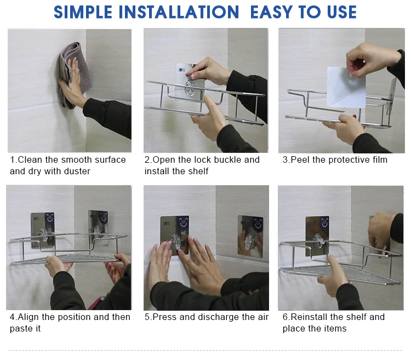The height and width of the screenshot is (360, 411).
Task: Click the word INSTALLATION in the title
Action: point(179,12)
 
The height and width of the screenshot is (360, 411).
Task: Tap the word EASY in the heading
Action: point(271,12)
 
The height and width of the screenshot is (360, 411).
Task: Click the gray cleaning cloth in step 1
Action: point(75,74)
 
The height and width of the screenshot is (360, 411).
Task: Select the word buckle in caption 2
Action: point(228,159)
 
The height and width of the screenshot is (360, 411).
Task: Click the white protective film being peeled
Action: point(346,87)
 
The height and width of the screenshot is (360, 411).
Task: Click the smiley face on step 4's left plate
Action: point(49,218)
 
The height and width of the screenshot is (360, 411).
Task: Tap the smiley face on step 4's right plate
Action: point(103,217)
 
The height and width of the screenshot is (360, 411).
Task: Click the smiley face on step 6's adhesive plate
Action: point(324,222)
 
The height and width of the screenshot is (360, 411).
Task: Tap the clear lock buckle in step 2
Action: point(190,87)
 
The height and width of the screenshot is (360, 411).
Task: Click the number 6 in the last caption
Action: point(285,317)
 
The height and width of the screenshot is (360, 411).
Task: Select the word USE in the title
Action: point(342,12)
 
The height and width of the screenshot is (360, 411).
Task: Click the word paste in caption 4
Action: point(25,329)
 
